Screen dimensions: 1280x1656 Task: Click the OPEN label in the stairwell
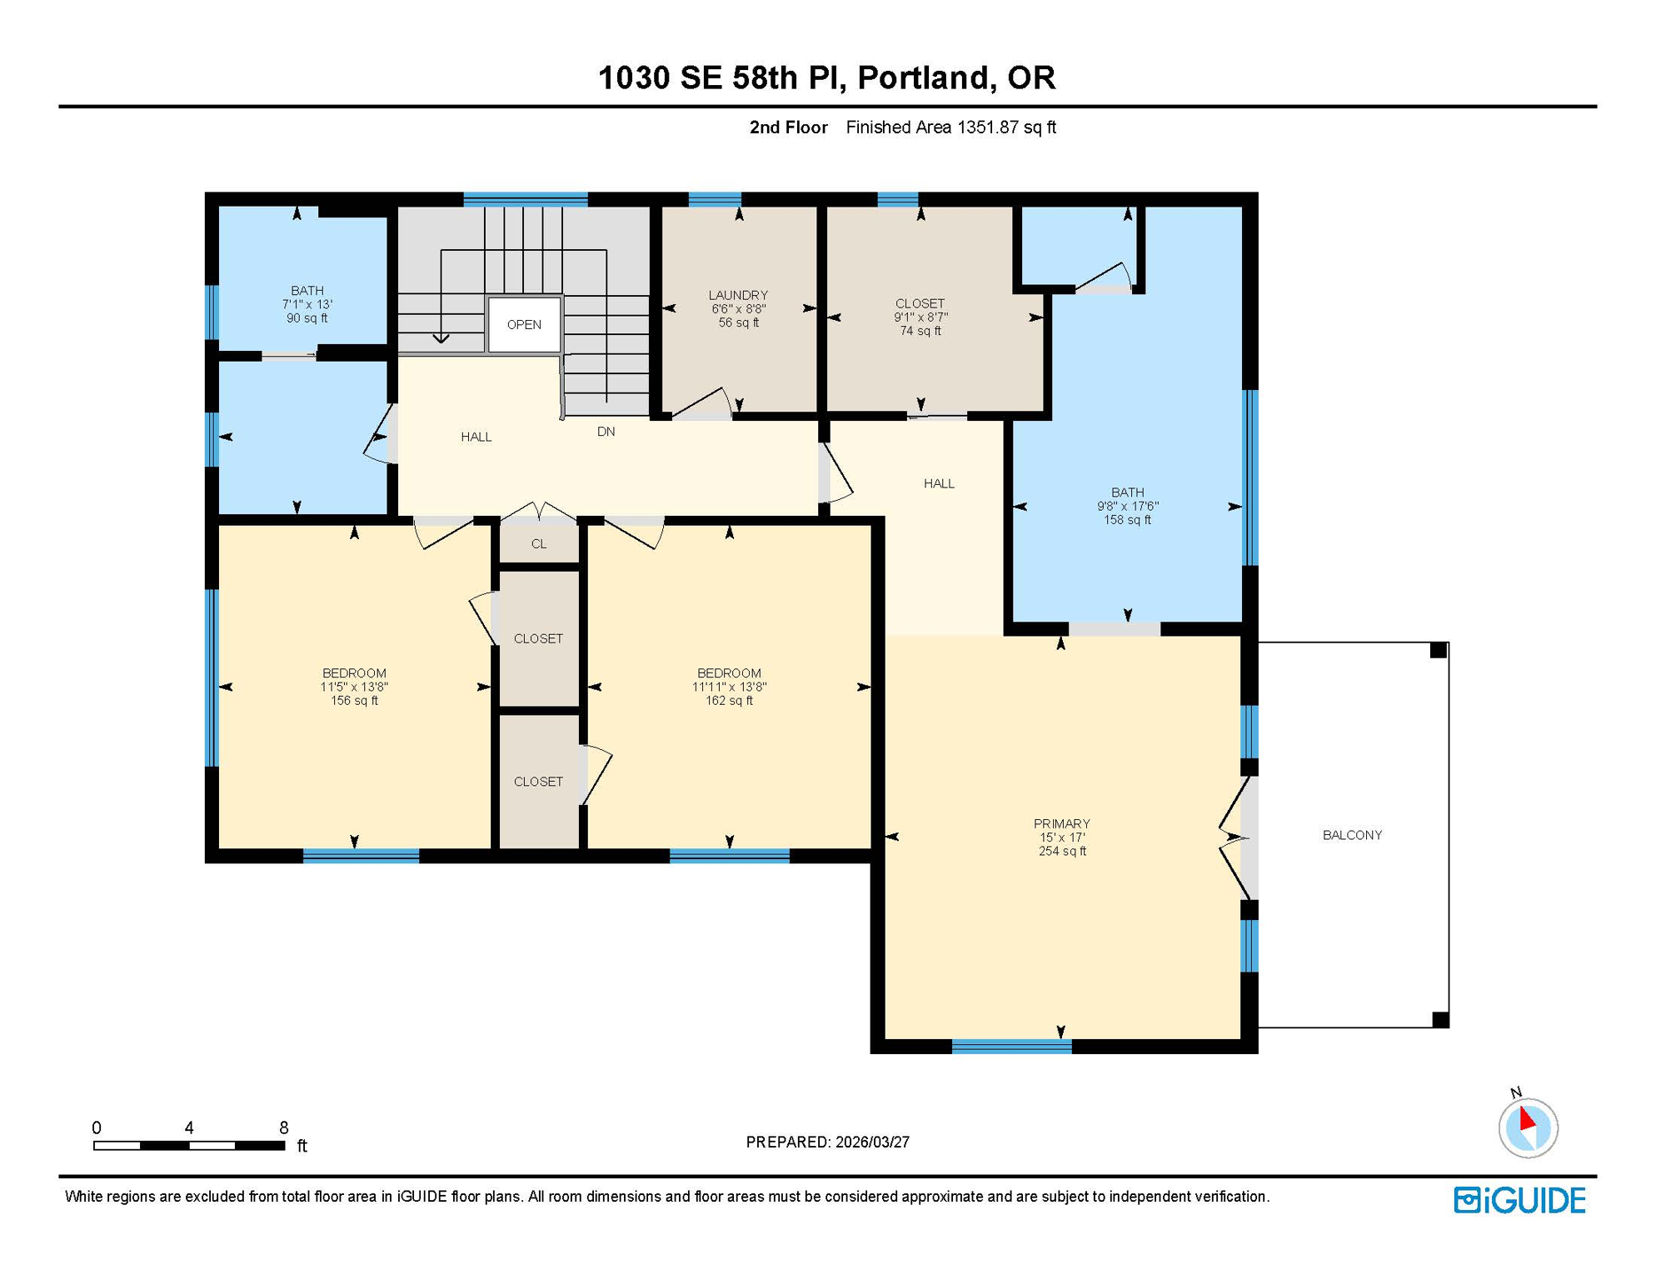(x=524, y=324)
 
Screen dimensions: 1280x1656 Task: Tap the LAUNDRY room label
(x=738, y=295)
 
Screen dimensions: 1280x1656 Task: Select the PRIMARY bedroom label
(x=1061, y=823)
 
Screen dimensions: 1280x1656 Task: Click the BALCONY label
(x=1352, y=835)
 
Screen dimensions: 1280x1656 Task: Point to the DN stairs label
(x=606, y=432)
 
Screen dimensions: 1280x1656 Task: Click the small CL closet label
(x=539, y=544)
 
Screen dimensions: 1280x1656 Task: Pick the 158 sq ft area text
(x=1127, y=520)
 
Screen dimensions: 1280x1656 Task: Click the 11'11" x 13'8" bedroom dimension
(x=729, y=687)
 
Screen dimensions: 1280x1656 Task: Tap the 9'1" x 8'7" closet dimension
(x=920, y=317)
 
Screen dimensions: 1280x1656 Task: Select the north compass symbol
(x=1528, y=1127)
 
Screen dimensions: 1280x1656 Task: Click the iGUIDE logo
(x=1519, y=1200)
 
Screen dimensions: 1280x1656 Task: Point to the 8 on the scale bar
(x=284, y=1127)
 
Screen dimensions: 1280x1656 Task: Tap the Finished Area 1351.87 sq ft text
(x=950, y=127)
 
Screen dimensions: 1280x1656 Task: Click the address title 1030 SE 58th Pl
(x=827, y=77)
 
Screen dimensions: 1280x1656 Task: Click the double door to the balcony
(x=1235, y=837)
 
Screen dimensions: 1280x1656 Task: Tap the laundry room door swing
(x=704, y=402)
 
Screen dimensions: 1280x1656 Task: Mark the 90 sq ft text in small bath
(x=307, y=318)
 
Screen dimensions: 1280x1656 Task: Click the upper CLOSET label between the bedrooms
(x=538, y=638)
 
